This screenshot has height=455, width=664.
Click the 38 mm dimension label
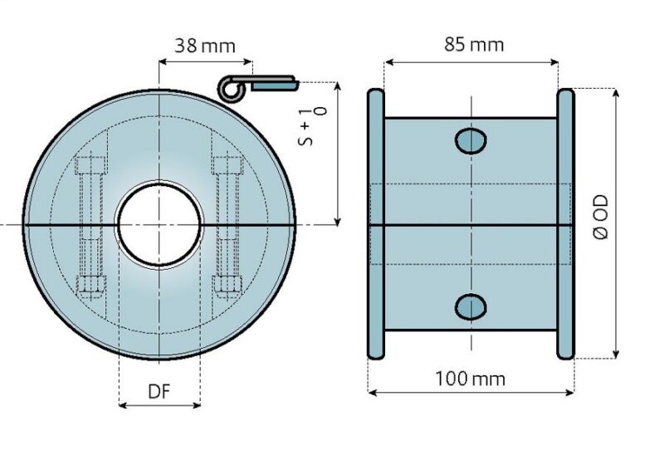point(205,46)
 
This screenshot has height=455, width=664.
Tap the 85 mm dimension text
point(474,44)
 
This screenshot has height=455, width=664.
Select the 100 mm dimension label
point(470,379)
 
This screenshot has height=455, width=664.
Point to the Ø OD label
point(601,217)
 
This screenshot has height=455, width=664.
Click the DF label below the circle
point(159,392)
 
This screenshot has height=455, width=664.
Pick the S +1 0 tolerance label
point(313,127)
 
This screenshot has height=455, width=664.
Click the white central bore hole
point(159,224)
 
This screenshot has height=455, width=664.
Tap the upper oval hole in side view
point(471,140)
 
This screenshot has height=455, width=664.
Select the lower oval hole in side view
point(471,306)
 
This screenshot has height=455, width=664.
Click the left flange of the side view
point(376,224)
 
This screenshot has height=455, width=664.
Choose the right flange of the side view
point(566,224)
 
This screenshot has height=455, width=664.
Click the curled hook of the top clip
point(232,89)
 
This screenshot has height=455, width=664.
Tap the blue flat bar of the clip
point(275,86)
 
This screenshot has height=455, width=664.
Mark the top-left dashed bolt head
point(91,165)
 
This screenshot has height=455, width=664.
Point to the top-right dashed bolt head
point(227,165)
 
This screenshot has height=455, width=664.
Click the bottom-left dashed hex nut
point(91,284)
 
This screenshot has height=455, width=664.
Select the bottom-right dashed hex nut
point(227,284)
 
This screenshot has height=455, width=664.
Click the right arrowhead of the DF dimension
point(197,405)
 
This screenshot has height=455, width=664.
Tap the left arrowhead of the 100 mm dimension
point(373,393)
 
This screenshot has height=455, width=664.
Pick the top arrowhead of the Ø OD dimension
point(617,93)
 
